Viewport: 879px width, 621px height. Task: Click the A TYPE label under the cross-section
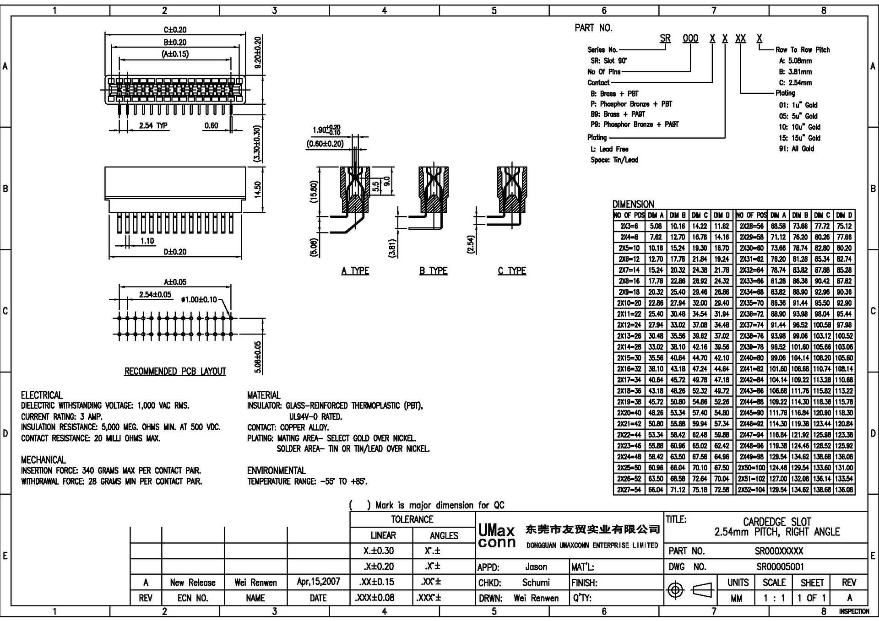click(355, 271)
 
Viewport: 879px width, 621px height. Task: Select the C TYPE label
click(512, 271)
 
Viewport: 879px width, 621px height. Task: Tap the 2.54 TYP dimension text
click(153, 125)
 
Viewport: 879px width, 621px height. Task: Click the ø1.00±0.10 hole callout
click(200, 300)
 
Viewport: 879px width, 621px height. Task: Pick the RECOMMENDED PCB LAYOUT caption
click(175, 371)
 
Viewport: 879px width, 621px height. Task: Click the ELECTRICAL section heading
click(42, 395)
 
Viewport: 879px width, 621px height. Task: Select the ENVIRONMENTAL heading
click(276, 470)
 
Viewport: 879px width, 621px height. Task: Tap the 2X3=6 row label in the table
click(629, 226)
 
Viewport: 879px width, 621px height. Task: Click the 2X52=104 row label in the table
click(751, 490)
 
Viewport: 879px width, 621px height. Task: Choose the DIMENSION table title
click(633, 204)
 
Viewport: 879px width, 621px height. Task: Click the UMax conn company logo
click(497, 536)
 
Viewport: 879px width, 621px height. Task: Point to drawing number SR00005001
click(780, 567)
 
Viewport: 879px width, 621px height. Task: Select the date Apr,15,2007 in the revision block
click(318, 582)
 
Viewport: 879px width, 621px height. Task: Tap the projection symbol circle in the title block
click(676, 590)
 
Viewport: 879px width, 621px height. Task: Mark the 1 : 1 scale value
click(774, 598)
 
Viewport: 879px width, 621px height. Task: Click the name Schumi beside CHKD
click(536, 583)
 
